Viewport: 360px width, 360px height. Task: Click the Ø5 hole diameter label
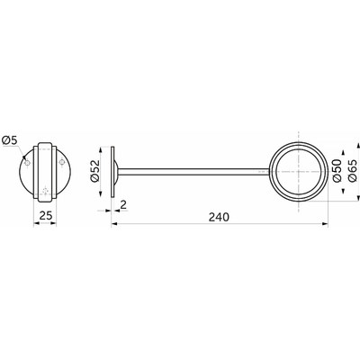[x=10, y=140]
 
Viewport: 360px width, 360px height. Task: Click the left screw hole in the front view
[x=27, y=163]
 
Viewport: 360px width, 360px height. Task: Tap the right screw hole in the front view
[x=62, y=163]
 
